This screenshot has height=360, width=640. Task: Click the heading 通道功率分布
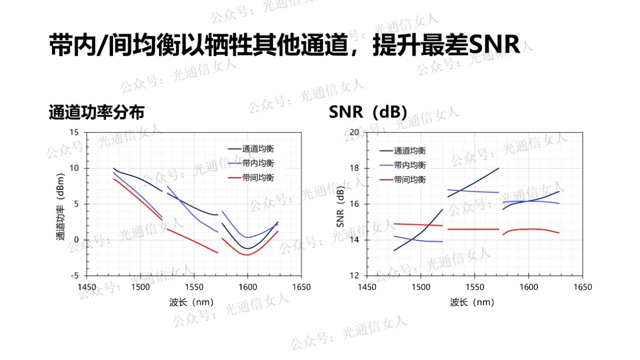[96, 112]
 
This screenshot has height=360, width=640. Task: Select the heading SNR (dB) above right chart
[367, 112]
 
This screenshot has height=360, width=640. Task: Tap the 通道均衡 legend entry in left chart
[258, 149]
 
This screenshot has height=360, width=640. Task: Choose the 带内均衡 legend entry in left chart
[258, 163]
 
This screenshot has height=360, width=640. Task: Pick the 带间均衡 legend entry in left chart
[258, 177]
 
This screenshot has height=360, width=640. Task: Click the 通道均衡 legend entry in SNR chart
[409, 150]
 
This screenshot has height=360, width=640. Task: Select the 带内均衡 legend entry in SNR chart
[409, 165]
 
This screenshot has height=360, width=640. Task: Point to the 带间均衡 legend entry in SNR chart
[409, 179]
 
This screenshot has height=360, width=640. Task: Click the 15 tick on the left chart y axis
[75, 132]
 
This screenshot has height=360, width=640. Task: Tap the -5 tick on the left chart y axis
[75, 276]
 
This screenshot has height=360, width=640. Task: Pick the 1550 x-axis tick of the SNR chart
[474, 287]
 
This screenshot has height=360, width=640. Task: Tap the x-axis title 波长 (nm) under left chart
[191, 302]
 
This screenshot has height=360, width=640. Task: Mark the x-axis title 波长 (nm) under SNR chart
[472, 302]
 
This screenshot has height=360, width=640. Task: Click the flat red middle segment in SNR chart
[473, 229]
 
